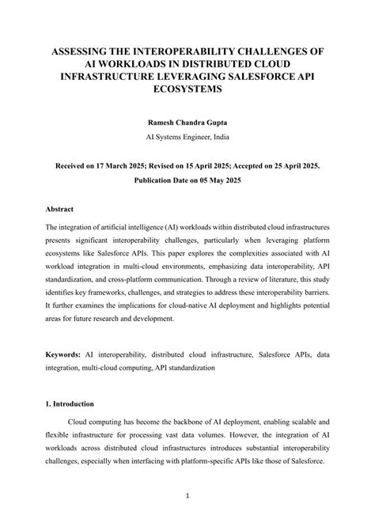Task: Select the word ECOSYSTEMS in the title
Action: pyautogui.click(x=187, y=89)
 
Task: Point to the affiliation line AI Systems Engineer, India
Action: pyautogui.click(x=187, y=137)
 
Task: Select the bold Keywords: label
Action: pyautogui.click(x=64, y=356)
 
